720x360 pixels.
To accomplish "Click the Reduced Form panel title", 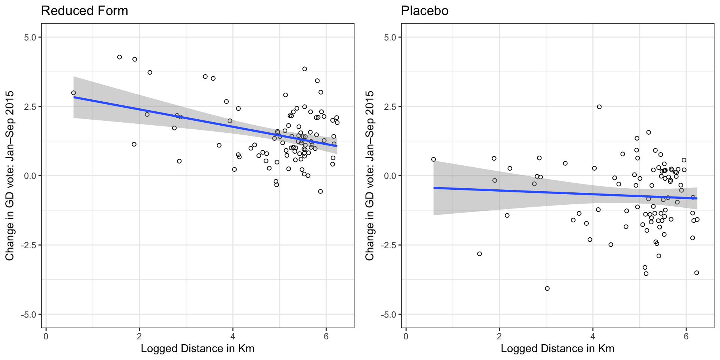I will pos(84,11).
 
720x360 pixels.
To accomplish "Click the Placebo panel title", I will pos(424,11).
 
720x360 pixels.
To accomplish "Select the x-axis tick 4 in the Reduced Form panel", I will pos(232,336).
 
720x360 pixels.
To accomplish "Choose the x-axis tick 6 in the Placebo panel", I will pos(686,336).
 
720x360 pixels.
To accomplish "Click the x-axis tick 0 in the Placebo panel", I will pos(406,336).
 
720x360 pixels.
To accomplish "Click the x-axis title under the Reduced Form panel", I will pos(197,349).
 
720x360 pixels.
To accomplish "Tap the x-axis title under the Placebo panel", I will pos(557,349).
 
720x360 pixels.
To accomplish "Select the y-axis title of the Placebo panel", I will pos(370,175).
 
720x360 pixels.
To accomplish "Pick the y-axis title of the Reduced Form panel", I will pos(10,175).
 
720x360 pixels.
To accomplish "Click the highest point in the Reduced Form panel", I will pos(120,57).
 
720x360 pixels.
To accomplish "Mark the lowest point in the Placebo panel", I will pos(547,288).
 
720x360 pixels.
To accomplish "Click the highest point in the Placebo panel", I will pos(599,107).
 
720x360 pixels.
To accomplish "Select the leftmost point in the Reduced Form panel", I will pos(73,93).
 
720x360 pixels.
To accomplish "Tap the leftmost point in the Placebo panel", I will pos(433,159).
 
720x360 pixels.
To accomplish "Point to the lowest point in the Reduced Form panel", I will pos(320,191).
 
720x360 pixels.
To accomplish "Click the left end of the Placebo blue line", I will pos(434,188).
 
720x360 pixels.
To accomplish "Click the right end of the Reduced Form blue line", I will pos(337,146).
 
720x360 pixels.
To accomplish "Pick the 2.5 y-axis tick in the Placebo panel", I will pos(390,106).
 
